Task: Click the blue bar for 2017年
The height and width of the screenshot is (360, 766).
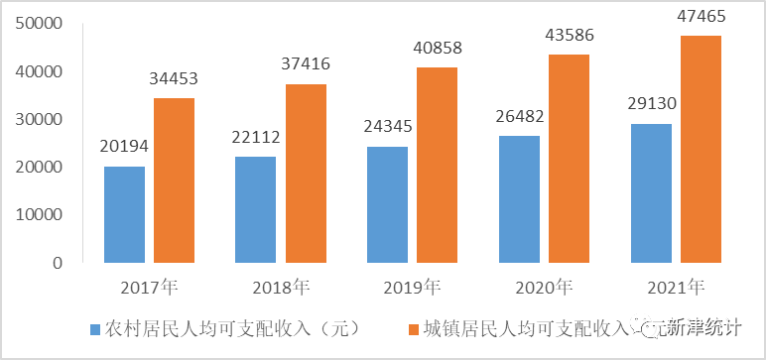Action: click(125, 214)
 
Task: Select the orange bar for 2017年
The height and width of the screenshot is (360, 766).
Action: click(175, 180)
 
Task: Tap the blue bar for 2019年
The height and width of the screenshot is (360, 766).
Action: click(387, 204)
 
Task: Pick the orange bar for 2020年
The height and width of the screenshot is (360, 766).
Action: click(569, 159)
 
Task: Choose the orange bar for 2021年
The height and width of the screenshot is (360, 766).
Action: click(701, 149)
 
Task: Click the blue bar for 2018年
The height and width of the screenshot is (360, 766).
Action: click(256, 209)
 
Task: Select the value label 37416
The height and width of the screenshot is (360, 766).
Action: click(306, 64)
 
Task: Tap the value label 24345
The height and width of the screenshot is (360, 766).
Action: click(387, 127)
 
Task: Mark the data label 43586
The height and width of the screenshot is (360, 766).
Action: click(569, 36)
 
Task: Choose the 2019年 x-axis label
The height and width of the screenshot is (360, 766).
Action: click(412, 288)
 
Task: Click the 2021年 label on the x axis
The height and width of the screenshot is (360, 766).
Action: click(675, 288)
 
